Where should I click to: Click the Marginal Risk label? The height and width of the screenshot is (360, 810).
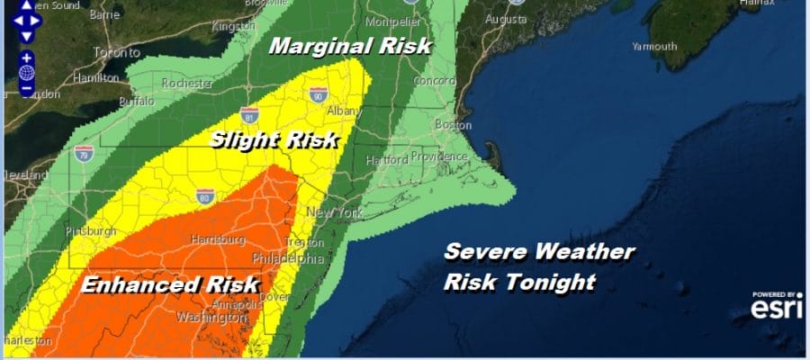coord(352,46)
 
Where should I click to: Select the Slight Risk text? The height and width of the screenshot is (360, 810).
coord(274,139)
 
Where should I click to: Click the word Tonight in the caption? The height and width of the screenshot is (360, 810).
coord(554,282)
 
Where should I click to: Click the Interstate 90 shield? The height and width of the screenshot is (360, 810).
coord(318,94)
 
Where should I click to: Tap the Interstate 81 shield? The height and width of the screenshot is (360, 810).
coord(250,114)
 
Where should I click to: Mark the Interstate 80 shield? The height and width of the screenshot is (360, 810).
coord(206,196)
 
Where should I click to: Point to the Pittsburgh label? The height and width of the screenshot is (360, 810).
coord(91,231)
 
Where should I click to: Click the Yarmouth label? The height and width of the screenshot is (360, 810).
coord(654,45)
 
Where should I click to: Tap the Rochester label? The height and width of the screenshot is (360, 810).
coord(187,84)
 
